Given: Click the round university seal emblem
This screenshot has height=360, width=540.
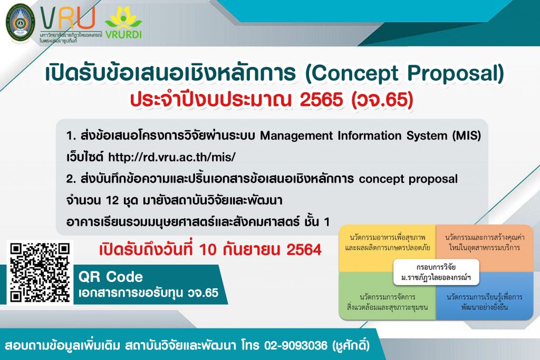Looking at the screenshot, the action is pos(21,23).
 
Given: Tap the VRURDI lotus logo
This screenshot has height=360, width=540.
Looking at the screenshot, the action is pos(123,22).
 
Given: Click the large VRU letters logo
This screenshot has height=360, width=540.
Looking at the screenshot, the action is pos(68,18).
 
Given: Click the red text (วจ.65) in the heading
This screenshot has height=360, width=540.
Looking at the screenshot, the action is pos(382,100).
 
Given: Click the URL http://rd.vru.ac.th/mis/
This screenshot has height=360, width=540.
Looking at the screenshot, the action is pos(172,157).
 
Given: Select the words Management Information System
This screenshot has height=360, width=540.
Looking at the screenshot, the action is pos(353,135).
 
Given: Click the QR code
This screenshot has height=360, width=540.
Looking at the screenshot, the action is pos(40,272).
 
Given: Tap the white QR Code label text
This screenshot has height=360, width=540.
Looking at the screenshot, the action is pos(111,277).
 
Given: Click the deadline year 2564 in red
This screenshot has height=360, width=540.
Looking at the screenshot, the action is pos(304,249).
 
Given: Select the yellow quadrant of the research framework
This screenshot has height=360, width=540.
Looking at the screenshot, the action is pos(388,248).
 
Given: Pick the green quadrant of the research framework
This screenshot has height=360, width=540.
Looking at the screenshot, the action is pos(388,296).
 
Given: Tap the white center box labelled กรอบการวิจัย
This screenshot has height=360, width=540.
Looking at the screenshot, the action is pos(436,272).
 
